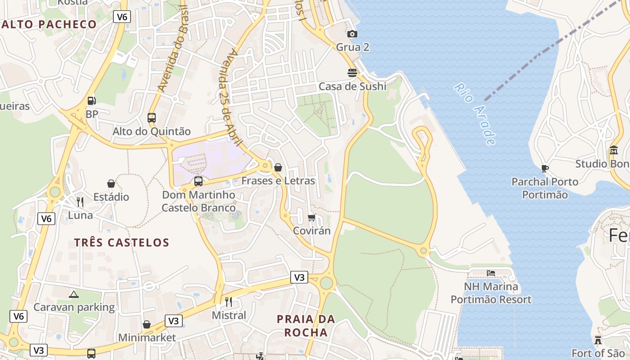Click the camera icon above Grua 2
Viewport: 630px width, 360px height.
pos(352,34)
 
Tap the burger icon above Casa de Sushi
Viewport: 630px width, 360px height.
pos(352,72)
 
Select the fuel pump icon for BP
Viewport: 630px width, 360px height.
pos(92,101)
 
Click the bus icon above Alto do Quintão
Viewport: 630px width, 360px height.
pos(152,118)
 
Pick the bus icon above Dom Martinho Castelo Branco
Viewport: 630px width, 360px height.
pos(198,181)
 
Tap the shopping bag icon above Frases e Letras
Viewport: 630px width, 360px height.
pos(278,167)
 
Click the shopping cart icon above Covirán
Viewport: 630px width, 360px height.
pos(311,218)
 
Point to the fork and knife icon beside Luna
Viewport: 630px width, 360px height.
pos(80,202)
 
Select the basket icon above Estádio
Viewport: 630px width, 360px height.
pos(111,184)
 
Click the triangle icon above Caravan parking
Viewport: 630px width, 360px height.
pos(74,294)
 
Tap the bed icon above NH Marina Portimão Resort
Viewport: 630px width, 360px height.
pos(491,273)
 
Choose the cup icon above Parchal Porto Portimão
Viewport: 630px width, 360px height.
pos(545,169)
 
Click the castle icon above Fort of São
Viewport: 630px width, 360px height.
pos(598,340)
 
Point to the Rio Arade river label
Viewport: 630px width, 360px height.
pos(475,113)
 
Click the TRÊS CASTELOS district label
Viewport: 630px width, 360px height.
pos(121,243)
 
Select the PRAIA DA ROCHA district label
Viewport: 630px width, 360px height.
pos(306,326)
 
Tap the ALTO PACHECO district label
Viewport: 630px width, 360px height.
pos(49,24)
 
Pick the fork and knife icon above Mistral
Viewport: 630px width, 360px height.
pos(229,301)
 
